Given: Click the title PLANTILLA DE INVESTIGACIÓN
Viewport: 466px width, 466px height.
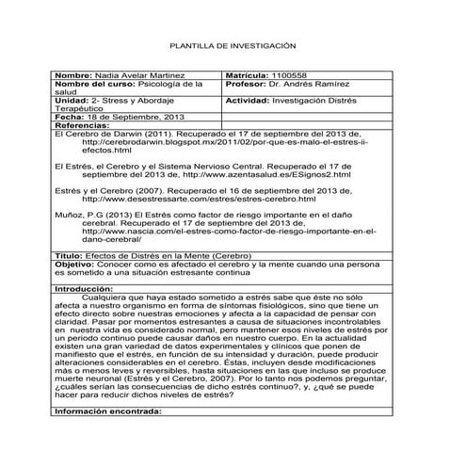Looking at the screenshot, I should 232,44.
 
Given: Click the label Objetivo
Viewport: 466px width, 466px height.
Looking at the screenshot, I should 76,265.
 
